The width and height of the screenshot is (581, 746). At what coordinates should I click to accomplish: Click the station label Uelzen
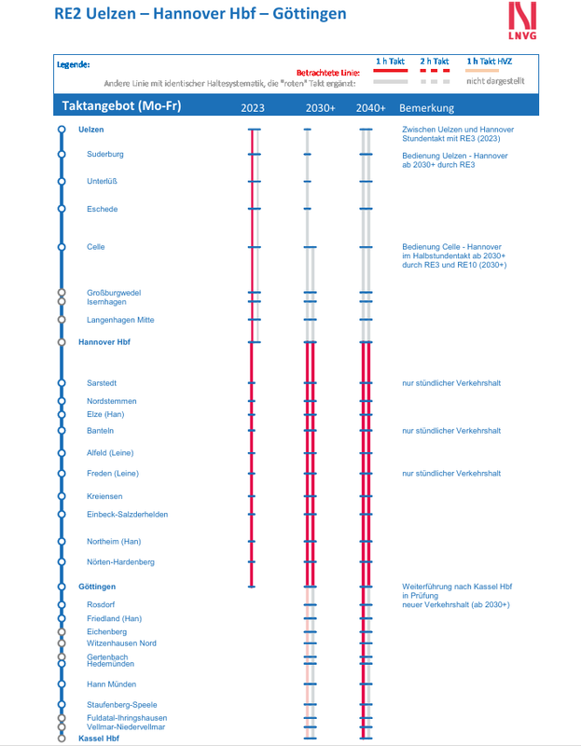tap(91, 129)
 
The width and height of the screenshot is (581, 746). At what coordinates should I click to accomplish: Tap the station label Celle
tap(96, 247)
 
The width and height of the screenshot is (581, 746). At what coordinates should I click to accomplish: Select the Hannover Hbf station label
tap(104, 342)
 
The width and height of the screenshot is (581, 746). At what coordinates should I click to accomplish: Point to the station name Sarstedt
tap(102, 383)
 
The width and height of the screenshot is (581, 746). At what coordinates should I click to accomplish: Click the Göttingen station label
tap(97, 587)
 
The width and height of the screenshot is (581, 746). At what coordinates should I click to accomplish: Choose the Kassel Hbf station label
tap(99, 739)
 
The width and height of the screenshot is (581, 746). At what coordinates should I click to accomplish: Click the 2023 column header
tap(253, 108)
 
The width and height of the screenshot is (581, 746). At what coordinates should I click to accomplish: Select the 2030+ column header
tap(320, 108)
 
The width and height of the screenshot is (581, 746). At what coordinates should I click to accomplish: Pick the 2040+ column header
tap(370, 108)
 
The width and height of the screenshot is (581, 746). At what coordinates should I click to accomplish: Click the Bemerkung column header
tap(426, 108)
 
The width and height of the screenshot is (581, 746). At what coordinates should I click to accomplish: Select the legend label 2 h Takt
tap(435, 62)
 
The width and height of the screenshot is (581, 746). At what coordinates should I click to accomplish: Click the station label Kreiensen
tap(104, 496)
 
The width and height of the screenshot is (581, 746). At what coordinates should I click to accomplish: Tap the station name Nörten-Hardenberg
tap(120, 562)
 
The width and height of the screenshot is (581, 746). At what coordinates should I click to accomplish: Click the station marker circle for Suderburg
tap(62, 154)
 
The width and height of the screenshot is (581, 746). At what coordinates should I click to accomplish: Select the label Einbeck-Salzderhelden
tap(127, 515)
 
